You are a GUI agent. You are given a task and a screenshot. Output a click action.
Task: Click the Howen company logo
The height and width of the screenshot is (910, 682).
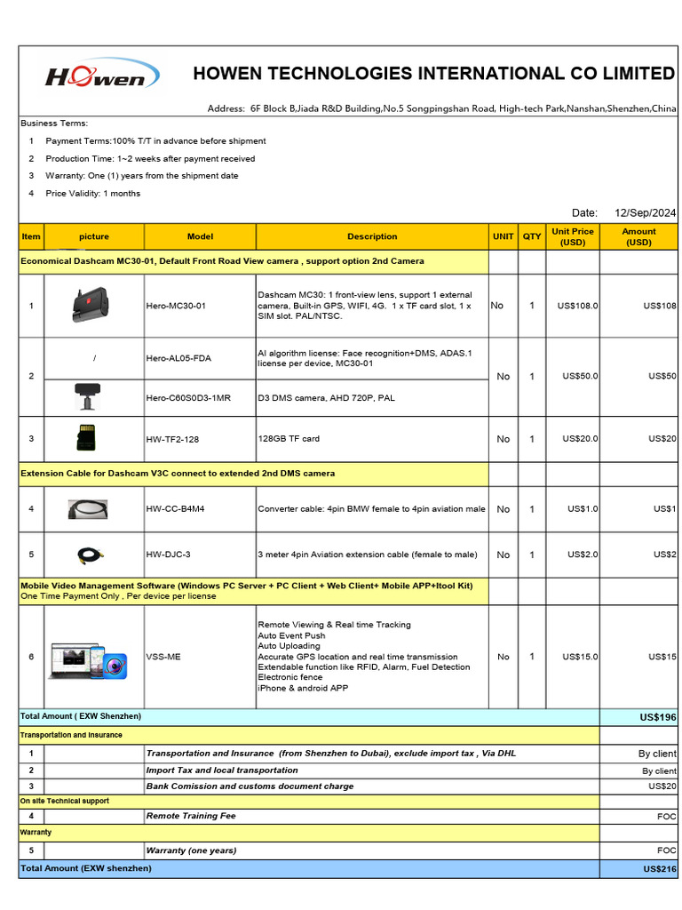coord(101,76)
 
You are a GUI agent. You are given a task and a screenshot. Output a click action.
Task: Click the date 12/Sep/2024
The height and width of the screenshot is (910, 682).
coord(645,212)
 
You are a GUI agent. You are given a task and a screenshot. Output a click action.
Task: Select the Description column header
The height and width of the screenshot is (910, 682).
coord(372,236)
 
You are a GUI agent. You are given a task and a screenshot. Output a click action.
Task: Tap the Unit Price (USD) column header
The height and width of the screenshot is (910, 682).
coord(572,236)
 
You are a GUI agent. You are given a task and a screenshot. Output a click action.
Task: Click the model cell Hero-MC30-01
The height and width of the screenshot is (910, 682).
coord(176,306)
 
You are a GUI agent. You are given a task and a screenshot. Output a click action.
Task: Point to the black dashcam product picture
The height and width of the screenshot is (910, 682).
coord(91,304)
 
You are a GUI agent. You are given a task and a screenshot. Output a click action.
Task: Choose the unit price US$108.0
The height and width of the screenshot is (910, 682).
coord(577,306)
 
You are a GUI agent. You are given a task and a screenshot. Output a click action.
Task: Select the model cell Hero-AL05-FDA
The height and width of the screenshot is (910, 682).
coord(178,358)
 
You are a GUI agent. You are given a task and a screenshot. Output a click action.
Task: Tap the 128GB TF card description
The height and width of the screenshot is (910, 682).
coord(289,439)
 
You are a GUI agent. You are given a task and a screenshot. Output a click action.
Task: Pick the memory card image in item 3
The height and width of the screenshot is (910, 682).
coord(87,438)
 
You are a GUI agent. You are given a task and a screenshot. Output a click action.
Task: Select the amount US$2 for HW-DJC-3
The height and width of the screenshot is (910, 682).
coord(664,555)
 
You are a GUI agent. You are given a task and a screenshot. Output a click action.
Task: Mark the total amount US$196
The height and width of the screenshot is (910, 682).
coord(657,717)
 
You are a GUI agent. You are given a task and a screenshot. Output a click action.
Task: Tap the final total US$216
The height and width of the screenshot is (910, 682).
coord(657,869)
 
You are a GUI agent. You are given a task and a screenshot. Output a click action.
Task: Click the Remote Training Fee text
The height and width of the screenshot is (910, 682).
coord(191,816)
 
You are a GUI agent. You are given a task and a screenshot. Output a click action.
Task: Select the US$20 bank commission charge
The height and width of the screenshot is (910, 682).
coord(662,786)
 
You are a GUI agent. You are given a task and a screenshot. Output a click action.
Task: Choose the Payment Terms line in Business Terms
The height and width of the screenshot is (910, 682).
coord(155,141)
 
